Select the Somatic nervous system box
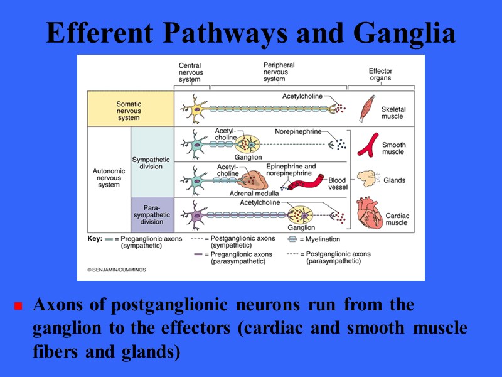pos(129,110)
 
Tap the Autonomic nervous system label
pos(109,177)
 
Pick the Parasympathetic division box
pos(151,214)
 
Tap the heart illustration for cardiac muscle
pos(369,214)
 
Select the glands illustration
pos(366,179)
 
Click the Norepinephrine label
pos(298,132)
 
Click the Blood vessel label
pos(338,184)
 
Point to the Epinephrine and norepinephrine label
pos(291,170)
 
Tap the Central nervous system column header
pos(190,72)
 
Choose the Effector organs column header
pos(380,75)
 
